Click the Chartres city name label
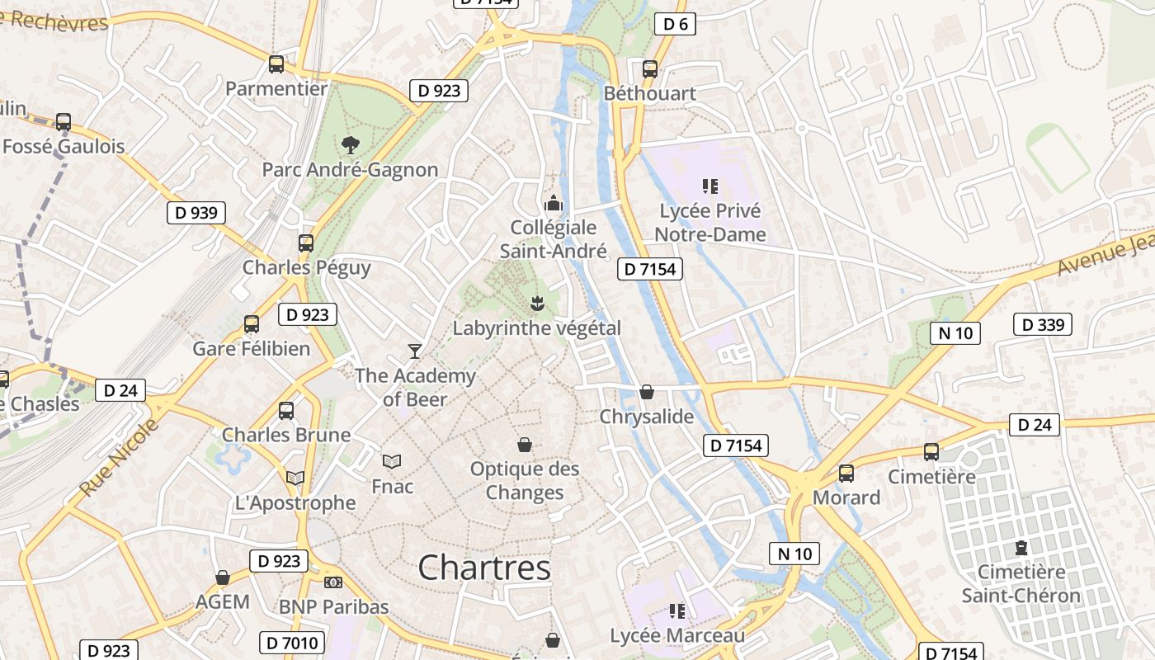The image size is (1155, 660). tap(484, 568)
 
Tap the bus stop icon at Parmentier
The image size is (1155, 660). tap(276, 64)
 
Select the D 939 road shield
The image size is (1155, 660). tap(196, 213)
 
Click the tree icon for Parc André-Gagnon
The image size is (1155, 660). tap(351, 145)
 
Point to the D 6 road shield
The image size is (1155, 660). tap(675, 24)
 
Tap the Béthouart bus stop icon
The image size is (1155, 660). tap(650, 68)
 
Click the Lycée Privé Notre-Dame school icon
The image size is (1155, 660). tap(710, 186)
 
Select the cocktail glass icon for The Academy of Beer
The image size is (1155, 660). tap(415, 351)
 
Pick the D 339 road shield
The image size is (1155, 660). tap(1043, 325)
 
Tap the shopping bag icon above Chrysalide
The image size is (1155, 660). tap(647, 392)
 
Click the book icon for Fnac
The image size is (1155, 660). tap(393, 461)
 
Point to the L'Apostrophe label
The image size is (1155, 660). tap(295, 502)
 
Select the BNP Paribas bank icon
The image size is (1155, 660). tap(333, 582)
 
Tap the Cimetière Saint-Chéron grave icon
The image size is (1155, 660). tap(1021, 548)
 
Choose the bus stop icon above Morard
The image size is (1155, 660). tap(846, 474)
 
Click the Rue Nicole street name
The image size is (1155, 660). tap(119, 459)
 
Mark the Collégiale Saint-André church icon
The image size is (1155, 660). tap(553, 202)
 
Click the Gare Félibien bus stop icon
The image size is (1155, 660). tap(252, 324)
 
